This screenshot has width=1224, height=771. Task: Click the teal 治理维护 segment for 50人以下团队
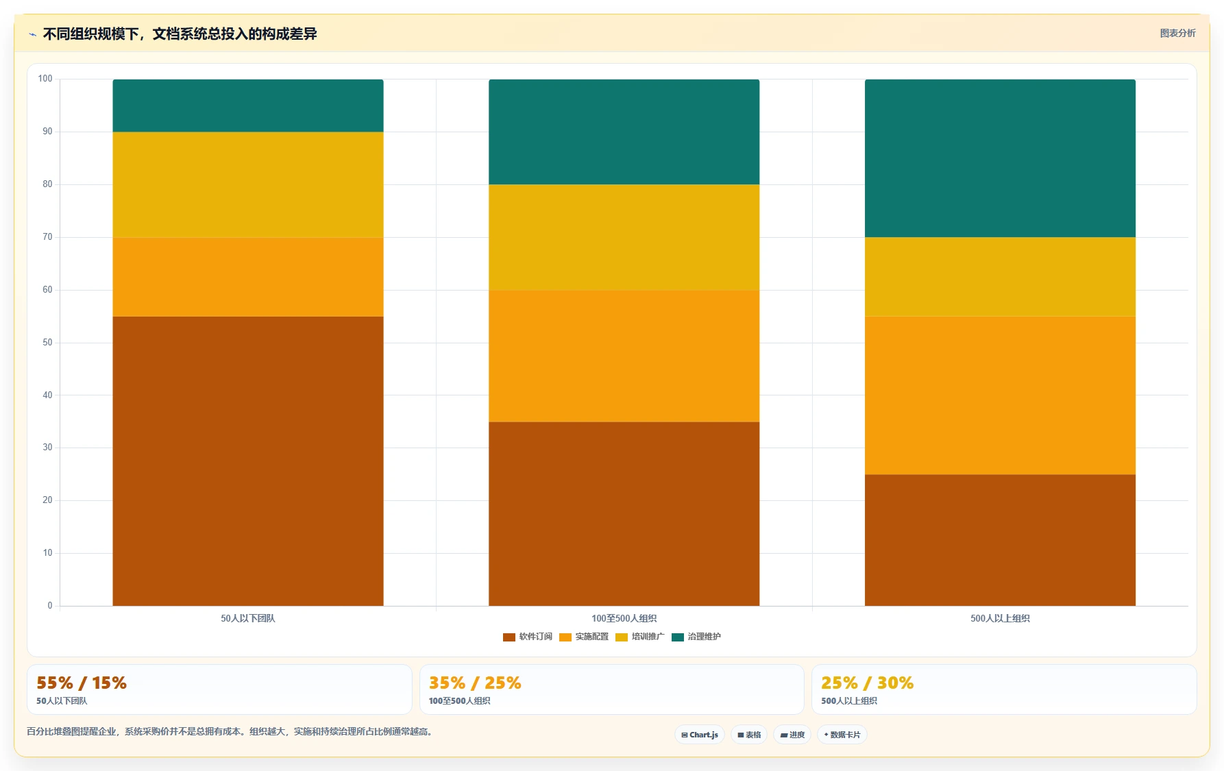tap(248, 106)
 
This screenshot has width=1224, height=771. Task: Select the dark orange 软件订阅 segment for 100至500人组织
tap(624, 513)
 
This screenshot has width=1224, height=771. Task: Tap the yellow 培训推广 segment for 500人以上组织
tap(1000, 277)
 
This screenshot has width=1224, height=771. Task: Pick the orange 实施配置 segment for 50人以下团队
tap(248, 277)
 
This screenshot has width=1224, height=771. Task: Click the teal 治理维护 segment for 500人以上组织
tap(1000, 158)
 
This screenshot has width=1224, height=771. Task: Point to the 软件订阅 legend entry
tap(528, 637)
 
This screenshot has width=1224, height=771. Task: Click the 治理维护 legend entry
tap(696, 637)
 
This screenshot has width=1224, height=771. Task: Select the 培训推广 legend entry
tap(640, 637)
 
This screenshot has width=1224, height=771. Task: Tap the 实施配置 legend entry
tap(584, 637)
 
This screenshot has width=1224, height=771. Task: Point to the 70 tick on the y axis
tap(47, 237)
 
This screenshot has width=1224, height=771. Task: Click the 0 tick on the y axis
tap(50, 606)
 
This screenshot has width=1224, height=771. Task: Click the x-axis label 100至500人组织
tap(624, 618)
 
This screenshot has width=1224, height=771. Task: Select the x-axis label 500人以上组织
tap(1000, 618)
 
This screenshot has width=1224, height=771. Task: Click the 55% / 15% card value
tap(82, 683)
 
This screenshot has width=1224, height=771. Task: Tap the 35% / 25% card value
tap(475, 683)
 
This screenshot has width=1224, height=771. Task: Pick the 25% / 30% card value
tap(868, 683)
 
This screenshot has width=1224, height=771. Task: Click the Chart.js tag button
tap(700, 735)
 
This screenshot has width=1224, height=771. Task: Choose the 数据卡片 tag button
tap(842, 735)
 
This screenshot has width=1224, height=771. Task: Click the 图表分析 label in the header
tap(1177, 33)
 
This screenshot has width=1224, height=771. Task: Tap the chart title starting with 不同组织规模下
tap(180, 34)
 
